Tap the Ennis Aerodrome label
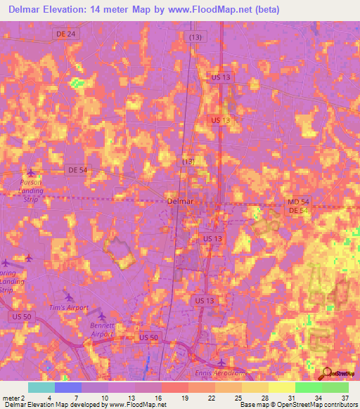216,374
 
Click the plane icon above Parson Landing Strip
30,172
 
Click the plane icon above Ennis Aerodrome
221,363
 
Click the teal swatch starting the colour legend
41,387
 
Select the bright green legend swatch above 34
308,387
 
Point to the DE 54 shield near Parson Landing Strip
77,170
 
